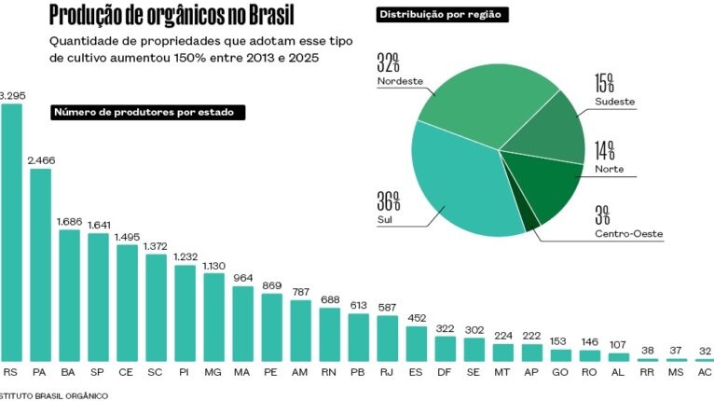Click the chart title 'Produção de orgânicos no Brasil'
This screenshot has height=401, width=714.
click(x=170, y=17)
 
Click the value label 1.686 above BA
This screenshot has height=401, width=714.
click(x=69, y=221)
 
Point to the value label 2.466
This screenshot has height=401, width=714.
click(x=40, y=160)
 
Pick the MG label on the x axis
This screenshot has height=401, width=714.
click(x=213, y=371)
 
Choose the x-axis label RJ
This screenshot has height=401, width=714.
click(x=387, y=371)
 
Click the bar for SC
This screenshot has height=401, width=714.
click(x=156, y=307)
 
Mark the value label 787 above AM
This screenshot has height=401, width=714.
click(x=300, y=292)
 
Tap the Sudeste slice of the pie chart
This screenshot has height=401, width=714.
click(x=550, y=131)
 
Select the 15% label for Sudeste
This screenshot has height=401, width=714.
click(x=606, y=83)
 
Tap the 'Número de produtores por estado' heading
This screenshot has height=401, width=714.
click(x=148, y=112)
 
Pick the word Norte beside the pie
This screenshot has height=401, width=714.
click(x=610, y=170)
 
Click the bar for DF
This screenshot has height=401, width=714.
click(x=445, y=348)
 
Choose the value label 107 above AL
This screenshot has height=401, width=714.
click(x=618, y=344)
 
